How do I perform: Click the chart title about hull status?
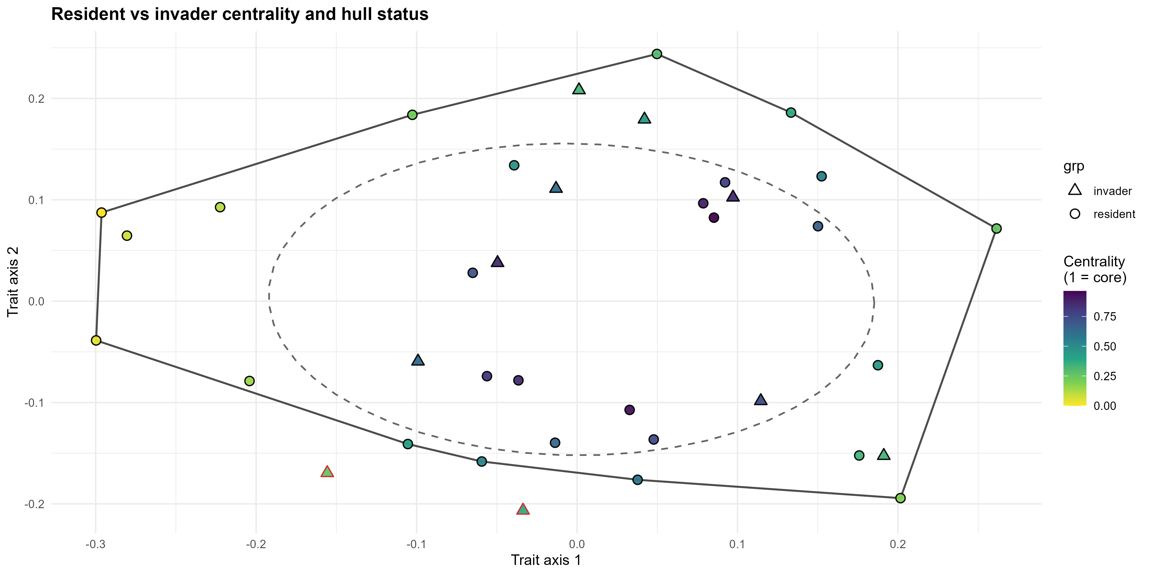(x=240, y=14)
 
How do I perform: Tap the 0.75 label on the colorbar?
(x=1104, y=316)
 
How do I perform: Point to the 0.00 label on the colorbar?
(x=1104, y=406)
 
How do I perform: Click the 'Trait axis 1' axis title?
(x=546, y=560)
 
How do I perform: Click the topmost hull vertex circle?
(x=657, y=54)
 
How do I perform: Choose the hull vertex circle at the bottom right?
(x=900, y=498)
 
